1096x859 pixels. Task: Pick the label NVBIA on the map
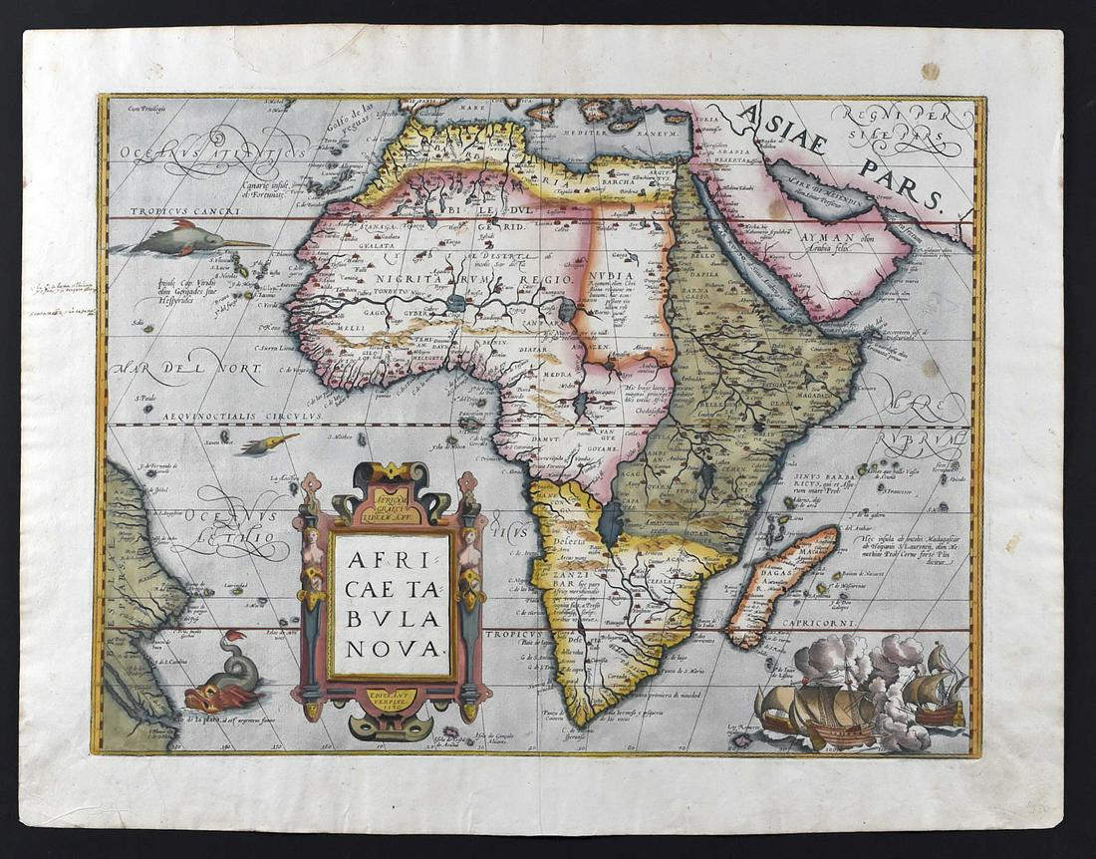click(610, 278)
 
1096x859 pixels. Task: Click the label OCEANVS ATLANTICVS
click(213, 153)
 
